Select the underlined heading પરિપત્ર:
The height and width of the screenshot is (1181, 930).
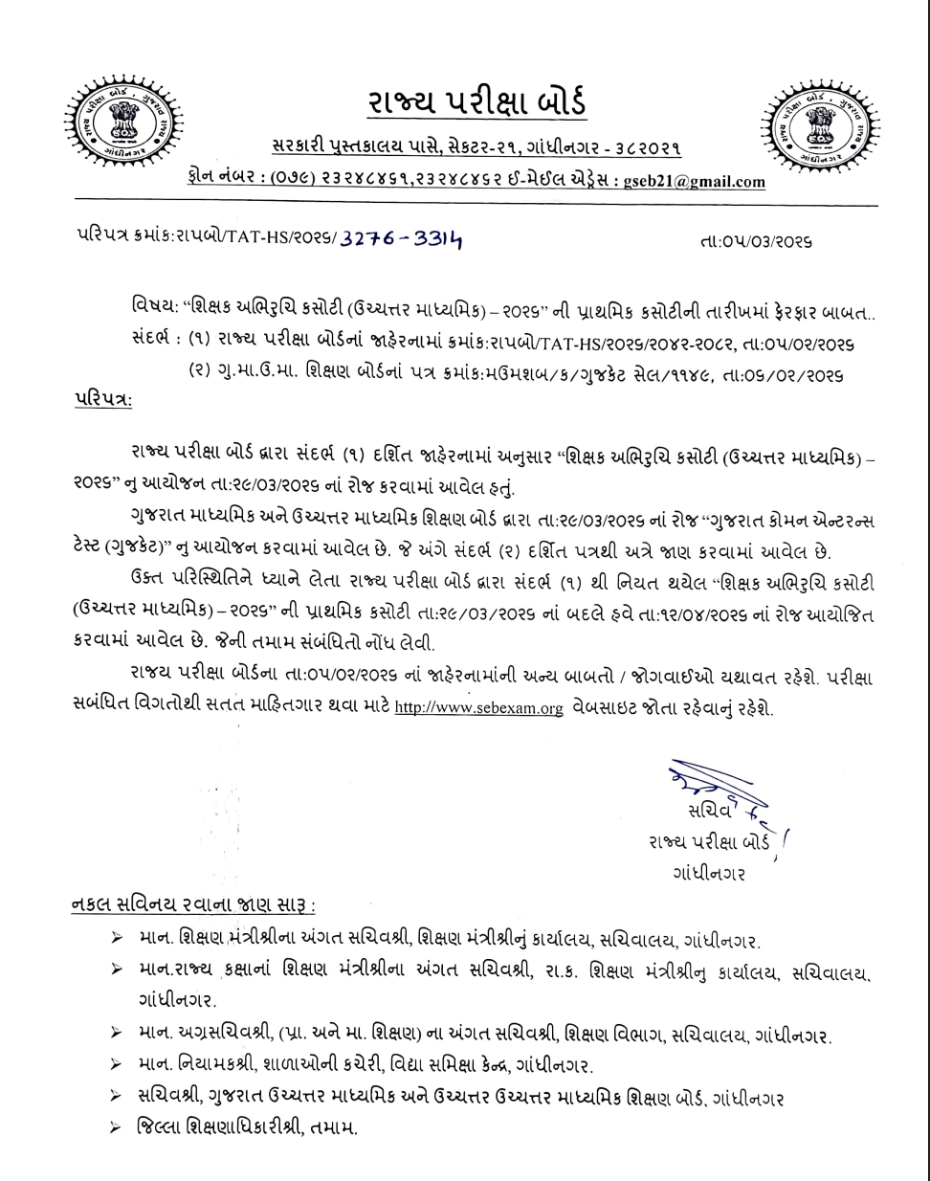(103, 398)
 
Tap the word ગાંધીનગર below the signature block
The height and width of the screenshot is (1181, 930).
(709, 874)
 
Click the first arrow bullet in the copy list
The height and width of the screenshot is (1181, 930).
(116, 942)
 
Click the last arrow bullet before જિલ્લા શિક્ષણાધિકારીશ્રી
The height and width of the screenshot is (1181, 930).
(116, 1127)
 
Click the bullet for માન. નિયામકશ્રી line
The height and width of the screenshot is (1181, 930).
(116, 1064)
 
